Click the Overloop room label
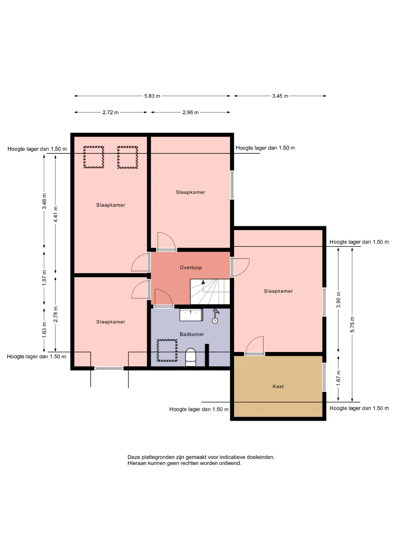click(191, 267)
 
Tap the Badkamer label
click(192, 334)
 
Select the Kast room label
click(278, 386)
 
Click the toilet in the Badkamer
click(191, 357)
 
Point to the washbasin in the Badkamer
click(191, 315)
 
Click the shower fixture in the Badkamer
click(215, 316)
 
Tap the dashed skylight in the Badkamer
click(167, 350)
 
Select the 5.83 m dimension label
click(152, 96)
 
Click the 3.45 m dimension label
click(280, 96)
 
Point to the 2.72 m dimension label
click(111, 112)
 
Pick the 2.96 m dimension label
click(190, 112)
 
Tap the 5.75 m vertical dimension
click(352, 324)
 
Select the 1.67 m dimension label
click(339, 378)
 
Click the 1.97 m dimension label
click(44, 278)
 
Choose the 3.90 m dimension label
click(339, 300)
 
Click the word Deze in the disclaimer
click(134, 457)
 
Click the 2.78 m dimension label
click(55, 314)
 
